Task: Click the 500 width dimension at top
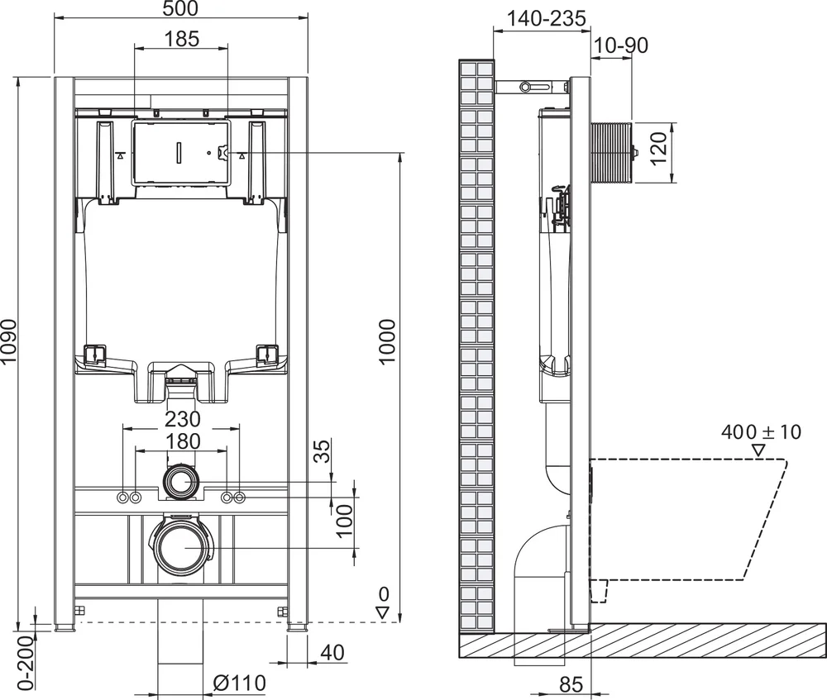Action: [181, 9]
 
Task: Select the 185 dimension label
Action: [181, 39]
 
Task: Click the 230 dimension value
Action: [182, 420]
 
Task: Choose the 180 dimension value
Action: [182, 441]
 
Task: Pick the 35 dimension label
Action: [323, 451]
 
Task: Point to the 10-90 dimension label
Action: [620, 45]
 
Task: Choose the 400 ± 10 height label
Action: [761, 431]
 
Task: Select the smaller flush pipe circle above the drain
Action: [181, 481]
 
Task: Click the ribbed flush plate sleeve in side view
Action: [610, 153]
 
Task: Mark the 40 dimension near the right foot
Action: [331, 652]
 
